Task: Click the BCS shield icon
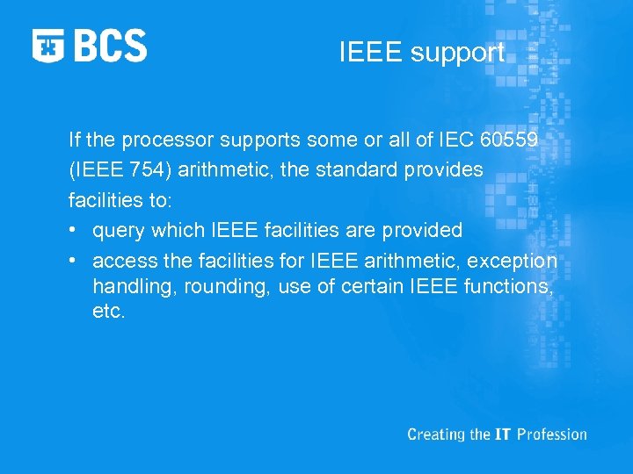click(48, 46)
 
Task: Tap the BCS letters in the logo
click(110, 46)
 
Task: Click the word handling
click(127, 287)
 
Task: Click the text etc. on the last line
click(109, 312)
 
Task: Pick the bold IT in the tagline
click(502, 434)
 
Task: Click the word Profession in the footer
click(552, 434)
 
